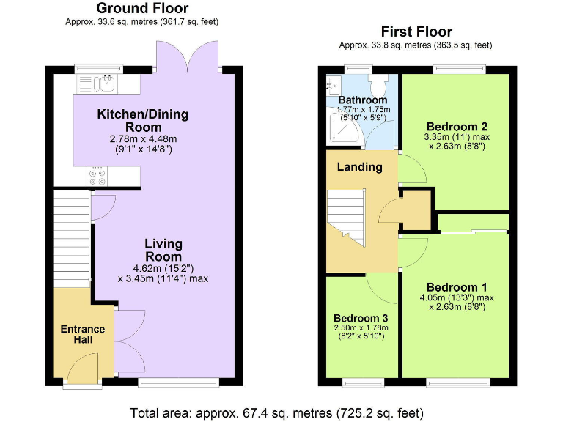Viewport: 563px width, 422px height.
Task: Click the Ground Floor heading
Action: [142, 9]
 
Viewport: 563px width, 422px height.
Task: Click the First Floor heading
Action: [416, 32]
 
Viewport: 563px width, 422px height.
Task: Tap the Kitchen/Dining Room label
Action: [143, 120]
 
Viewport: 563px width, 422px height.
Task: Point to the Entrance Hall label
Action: [82, 335]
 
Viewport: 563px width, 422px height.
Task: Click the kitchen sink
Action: [107, 81]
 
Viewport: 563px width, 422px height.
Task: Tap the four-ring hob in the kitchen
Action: [96, 176]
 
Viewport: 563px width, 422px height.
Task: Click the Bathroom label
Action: [362, 100]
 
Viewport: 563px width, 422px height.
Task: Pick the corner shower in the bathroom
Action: [340, 130]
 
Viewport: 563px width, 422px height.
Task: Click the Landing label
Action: [359, 167]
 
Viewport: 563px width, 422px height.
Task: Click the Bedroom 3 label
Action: [361, 318]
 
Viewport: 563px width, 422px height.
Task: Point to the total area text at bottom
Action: [277, 412]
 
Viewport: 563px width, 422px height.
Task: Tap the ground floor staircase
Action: [70, 234]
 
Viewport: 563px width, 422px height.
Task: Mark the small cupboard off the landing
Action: [415, 210]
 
